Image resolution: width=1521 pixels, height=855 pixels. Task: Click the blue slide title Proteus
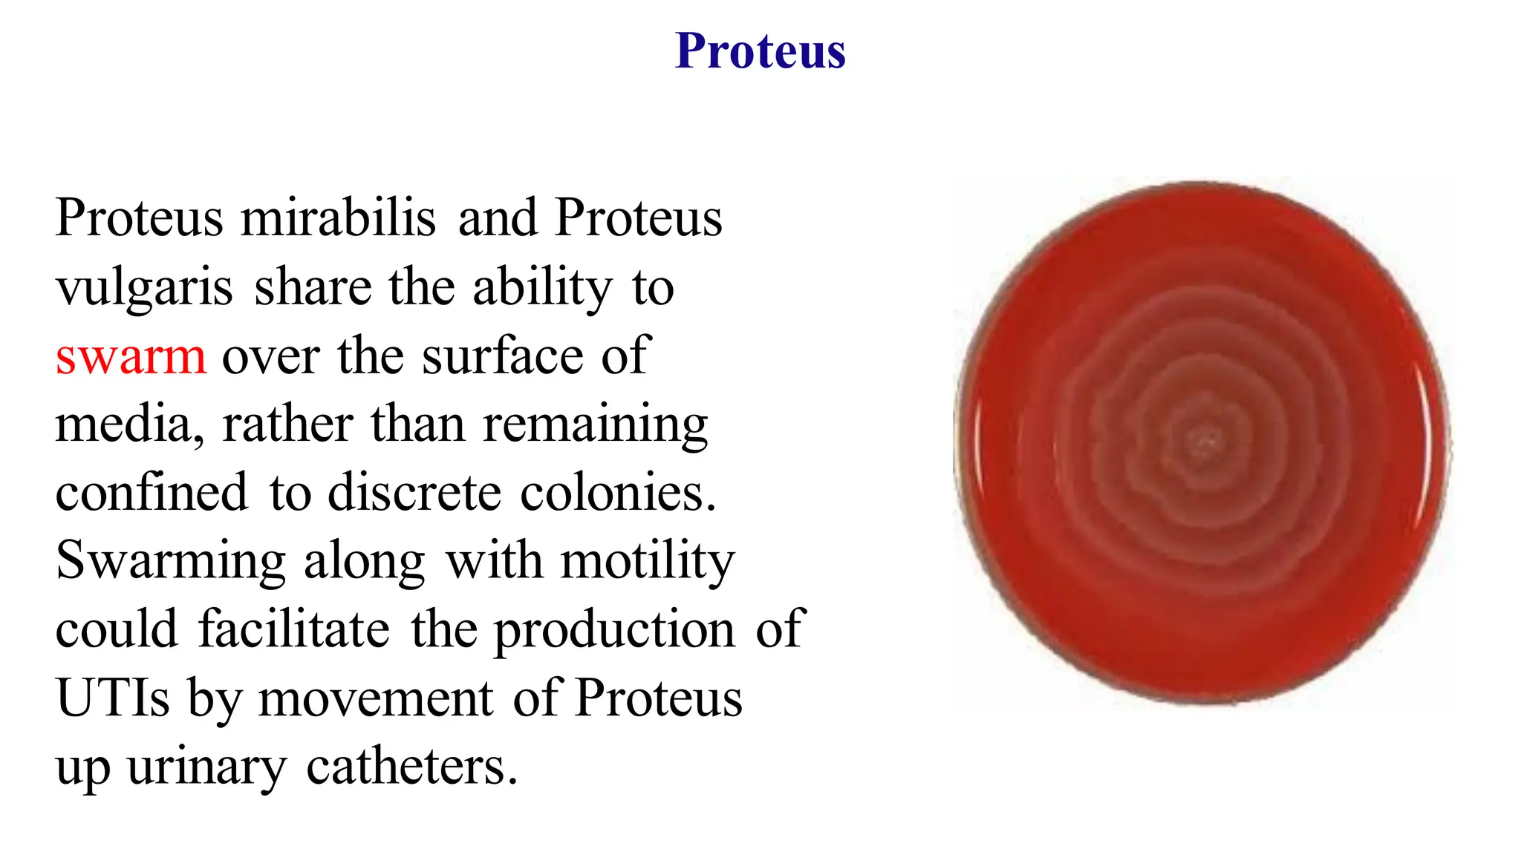760,51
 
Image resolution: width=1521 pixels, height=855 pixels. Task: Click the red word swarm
130,356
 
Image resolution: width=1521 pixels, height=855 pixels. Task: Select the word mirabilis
338,218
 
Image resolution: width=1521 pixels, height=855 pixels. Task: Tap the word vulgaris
144,288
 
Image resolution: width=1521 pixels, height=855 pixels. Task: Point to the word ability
542,288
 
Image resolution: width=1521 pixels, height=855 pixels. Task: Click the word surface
503,356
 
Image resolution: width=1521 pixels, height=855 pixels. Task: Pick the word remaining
595,425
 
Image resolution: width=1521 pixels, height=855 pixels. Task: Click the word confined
152,493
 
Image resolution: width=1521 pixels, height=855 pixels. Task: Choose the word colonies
617,493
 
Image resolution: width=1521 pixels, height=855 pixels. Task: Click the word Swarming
171,562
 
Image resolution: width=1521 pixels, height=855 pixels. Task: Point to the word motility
647,562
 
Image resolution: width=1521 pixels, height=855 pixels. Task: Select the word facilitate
293,630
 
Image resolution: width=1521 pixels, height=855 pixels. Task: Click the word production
614,630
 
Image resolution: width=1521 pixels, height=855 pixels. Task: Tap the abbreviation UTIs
113,698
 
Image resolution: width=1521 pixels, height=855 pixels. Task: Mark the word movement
376,698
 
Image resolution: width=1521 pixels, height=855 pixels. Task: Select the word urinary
206,767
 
